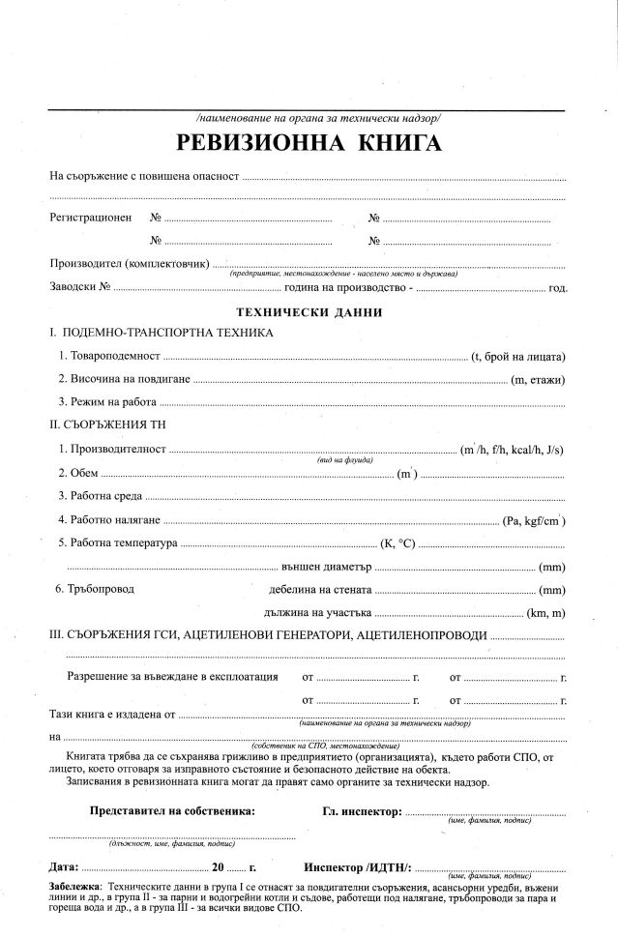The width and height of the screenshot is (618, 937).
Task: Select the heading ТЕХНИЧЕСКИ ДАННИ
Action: [309, 312]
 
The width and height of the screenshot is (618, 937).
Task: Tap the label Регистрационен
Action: [90, 218]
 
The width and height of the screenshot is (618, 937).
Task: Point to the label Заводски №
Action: [81, 287]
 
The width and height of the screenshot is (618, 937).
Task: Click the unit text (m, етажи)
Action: [538, 379]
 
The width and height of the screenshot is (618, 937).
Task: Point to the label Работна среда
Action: [101, 496]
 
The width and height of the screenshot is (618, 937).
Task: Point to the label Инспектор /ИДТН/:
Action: [358, 865]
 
